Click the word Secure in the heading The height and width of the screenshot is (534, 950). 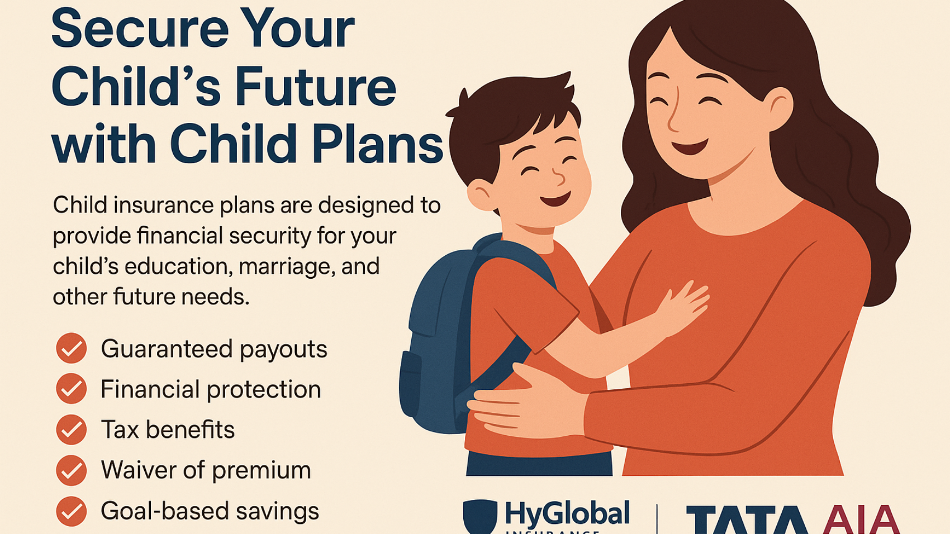[140, 29]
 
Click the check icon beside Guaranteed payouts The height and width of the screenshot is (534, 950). [72, 349]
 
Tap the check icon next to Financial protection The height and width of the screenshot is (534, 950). [72, 389]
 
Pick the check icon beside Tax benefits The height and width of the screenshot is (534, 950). [72, 430]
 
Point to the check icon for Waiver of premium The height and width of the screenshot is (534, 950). [72, 470]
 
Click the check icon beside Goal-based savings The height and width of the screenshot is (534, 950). [72, 511]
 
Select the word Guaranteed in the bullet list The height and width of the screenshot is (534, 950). [165, 349]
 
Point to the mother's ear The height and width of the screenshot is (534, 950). [778, 106]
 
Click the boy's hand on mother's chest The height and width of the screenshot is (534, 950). [685, 304]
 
